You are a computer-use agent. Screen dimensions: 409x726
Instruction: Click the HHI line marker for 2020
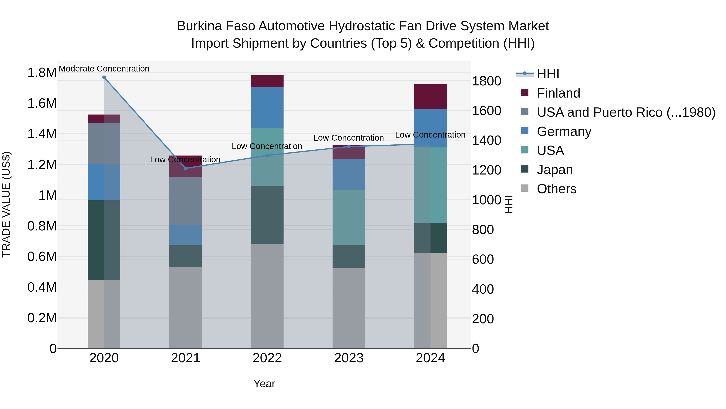tap(104, 77)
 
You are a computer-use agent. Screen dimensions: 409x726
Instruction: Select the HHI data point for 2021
tap(186, 168)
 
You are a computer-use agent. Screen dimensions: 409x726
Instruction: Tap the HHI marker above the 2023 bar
tap(349, 146)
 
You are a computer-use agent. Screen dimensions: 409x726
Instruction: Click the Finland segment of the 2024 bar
tap(430, 97)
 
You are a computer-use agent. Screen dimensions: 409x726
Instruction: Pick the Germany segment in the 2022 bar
tap(267, 108)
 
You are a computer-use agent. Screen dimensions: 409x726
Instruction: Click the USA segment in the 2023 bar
tap(349, 217)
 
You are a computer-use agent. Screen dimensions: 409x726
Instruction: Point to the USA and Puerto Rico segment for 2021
tap(186, 201)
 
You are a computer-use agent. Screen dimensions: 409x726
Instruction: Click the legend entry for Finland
tap(558, 93)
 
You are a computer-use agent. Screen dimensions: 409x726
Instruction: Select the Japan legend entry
tap(554, 170)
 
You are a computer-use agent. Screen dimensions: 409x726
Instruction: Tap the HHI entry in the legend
tap(548, 74)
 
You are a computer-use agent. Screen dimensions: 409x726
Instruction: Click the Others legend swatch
tap(525, 188)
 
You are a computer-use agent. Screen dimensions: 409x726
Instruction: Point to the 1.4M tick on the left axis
tap(42, 134)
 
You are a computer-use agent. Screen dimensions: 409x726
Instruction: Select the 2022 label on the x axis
tap(267, 358)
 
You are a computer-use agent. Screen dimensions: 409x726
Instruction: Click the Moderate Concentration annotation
tap(104, 69)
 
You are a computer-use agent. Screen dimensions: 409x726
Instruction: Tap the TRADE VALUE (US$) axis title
tap(6, 205)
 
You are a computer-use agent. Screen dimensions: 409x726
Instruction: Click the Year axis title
tap(264, 384)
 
